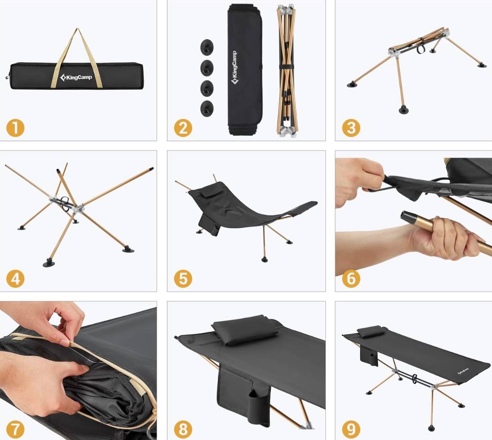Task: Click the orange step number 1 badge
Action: click(x=15, y=128)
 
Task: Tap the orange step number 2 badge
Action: click(x=183, y=128)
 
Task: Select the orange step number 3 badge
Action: click(x=351, y=128)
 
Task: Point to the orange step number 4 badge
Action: click(x=15, y=279)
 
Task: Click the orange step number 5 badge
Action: click(x=183, y=279)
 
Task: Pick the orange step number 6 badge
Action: click(x=351, y=279)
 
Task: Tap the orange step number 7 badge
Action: click(x=15, y=429)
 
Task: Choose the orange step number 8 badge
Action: click(x=183, y=429)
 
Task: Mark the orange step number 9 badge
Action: click(x=351, y=429)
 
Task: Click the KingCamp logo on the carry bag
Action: click(x=76, y=77)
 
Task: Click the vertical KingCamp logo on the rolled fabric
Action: click(x=234, y=68)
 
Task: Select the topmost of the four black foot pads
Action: click(x=207, y=47)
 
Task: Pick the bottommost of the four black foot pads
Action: click(x=207, y=108)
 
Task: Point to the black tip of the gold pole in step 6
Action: click(x=407, y=217)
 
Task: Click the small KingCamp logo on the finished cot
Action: click(x=463, y=371)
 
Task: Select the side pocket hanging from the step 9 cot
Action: click(x=369, y=356)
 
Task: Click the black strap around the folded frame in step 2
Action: click(x=286, y=67)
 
